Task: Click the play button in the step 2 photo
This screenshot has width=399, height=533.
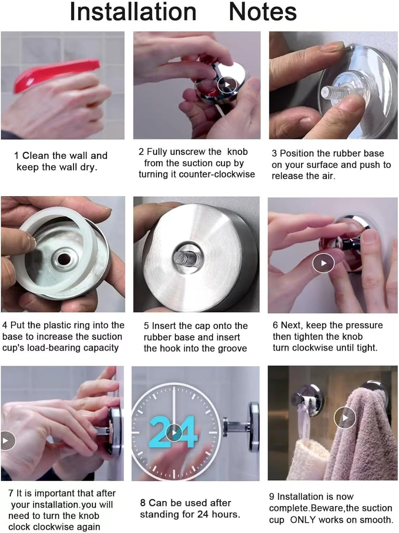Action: [227, 85]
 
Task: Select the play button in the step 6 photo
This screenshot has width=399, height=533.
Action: [323, 263]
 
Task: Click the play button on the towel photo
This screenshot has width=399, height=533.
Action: [345, 418]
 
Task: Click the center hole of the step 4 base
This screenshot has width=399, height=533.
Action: [64, 259]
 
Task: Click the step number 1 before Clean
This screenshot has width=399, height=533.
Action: [16, 156]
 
